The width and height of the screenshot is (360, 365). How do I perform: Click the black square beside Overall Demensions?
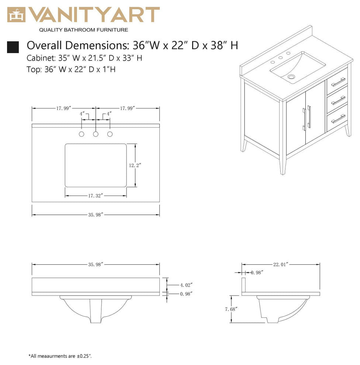(13, 47)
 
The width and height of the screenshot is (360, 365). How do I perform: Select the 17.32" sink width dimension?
(95, 195)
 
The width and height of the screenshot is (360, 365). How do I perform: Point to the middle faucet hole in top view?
(96, 134)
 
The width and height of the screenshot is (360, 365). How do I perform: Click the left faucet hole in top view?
(82, 134)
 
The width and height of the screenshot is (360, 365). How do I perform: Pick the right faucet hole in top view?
(110, 134)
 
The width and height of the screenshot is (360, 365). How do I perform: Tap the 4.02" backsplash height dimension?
(186, 285)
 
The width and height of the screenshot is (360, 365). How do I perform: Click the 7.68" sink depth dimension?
(231, 309)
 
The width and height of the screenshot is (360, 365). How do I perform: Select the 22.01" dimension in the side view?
(280, 264)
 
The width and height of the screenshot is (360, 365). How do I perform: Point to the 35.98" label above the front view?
(95, 264)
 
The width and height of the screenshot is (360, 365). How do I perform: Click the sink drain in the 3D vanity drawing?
(292, 77)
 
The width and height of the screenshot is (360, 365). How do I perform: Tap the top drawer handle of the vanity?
(338, 82)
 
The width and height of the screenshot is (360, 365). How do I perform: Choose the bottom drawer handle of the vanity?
(338, 118)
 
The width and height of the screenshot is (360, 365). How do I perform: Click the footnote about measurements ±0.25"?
(60, 356)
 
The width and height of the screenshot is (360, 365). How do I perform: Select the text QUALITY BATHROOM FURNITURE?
(83, 30)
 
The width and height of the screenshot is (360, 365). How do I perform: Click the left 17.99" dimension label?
(64, 108)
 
